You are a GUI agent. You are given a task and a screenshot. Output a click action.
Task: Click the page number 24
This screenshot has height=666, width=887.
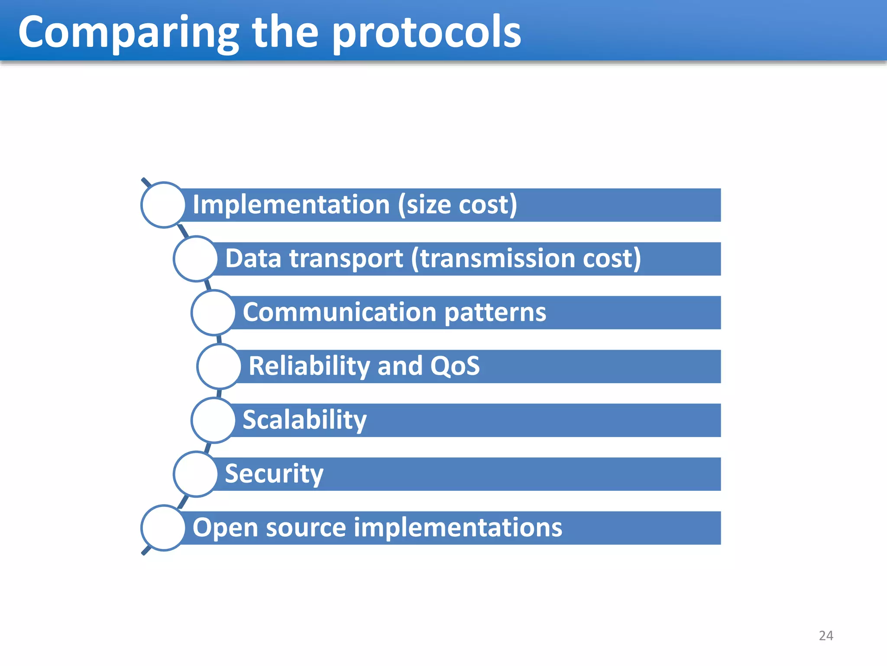[825, 636]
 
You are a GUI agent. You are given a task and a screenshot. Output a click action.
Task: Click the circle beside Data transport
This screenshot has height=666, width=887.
[196, 259]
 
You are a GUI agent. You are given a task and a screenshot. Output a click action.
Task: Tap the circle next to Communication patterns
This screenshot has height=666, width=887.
[214, 313]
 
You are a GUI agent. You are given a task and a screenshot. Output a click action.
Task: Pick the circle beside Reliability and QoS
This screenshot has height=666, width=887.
[220, 366]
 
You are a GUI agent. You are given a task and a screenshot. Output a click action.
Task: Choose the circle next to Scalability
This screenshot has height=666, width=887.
[214, 420]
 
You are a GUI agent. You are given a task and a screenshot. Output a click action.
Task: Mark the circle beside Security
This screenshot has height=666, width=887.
[196, 474]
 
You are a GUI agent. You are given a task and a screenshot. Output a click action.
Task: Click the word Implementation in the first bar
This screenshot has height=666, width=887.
[291, 205]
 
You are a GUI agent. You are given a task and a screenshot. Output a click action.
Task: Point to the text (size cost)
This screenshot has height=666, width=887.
[457, 205]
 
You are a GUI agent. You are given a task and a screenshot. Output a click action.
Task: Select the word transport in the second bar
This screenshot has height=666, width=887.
[346, 259]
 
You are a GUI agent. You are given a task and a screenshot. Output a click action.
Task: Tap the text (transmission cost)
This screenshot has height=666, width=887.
[526, 259]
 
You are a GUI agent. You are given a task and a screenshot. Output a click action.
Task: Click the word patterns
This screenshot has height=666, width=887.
[495, 313]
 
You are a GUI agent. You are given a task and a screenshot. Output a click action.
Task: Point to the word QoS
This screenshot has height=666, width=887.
[455, 366]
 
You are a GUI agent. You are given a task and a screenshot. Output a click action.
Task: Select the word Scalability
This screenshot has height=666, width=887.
[304, 420]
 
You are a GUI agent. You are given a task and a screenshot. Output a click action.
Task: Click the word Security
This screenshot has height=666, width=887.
[274, 474]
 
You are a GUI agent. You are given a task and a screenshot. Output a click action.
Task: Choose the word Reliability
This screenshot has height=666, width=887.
[309, 366]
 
